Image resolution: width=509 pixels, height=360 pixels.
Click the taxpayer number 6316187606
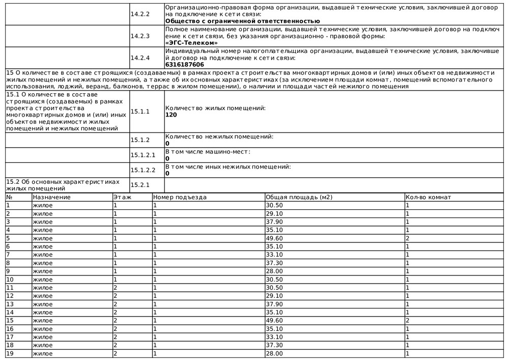point(185,65)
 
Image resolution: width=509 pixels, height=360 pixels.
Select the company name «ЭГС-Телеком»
point(191,43)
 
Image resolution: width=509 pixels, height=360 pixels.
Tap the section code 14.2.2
point(140,14)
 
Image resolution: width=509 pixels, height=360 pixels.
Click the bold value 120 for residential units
point(172,115)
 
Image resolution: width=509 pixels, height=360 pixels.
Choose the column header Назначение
point(51,197)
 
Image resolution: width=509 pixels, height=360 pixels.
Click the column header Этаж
point(122,197)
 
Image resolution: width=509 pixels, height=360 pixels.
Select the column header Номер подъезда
point(180,197)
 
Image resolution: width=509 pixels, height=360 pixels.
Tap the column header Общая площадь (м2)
point(299,197)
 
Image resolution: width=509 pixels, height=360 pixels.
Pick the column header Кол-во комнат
point(428,197)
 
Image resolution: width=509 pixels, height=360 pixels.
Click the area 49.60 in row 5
point(275,238)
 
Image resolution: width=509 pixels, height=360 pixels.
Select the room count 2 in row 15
point(407,321)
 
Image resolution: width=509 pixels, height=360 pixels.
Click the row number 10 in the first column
point(10,280)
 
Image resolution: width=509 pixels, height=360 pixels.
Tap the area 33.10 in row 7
point(275,255)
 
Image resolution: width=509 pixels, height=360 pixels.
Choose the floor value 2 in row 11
point(115,288)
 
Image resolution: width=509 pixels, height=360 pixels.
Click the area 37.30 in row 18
point(275,345)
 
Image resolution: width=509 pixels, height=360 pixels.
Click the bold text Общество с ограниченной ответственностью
point(243,21)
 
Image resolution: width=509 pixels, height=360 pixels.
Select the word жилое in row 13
point(42,304)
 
